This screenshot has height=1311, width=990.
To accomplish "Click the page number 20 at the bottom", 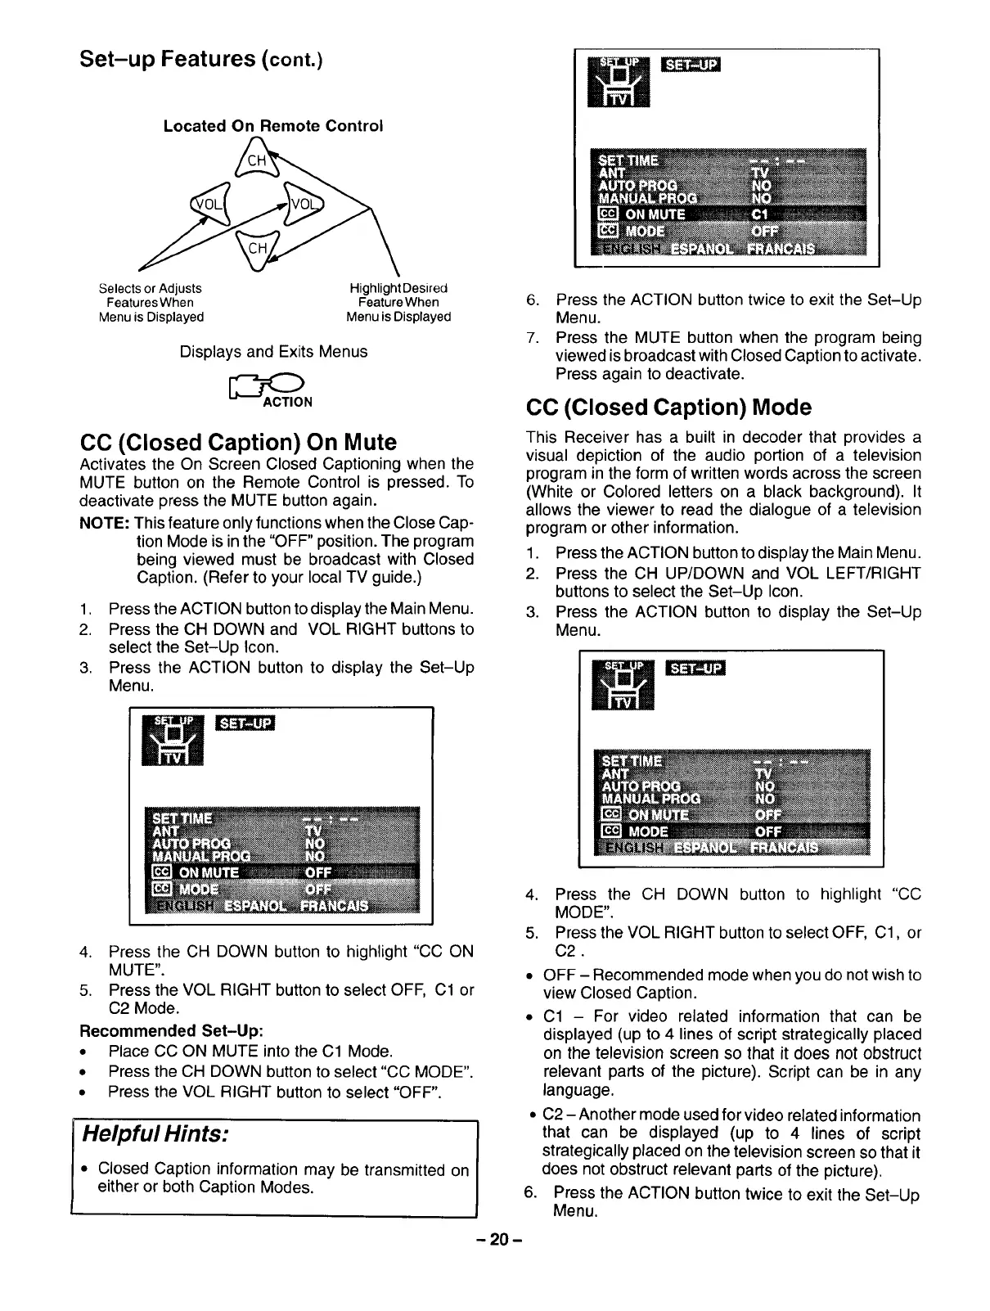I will (x=497, y=1241).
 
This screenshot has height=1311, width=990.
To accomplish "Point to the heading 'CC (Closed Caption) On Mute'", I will (x=238, y=443).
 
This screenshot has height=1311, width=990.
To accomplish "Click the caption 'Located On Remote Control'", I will (x=272, y=126).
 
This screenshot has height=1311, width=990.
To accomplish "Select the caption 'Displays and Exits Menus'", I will (x=273, y=352).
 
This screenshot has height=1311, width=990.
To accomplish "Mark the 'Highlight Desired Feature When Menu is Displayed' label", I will (x=398, y=302).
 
